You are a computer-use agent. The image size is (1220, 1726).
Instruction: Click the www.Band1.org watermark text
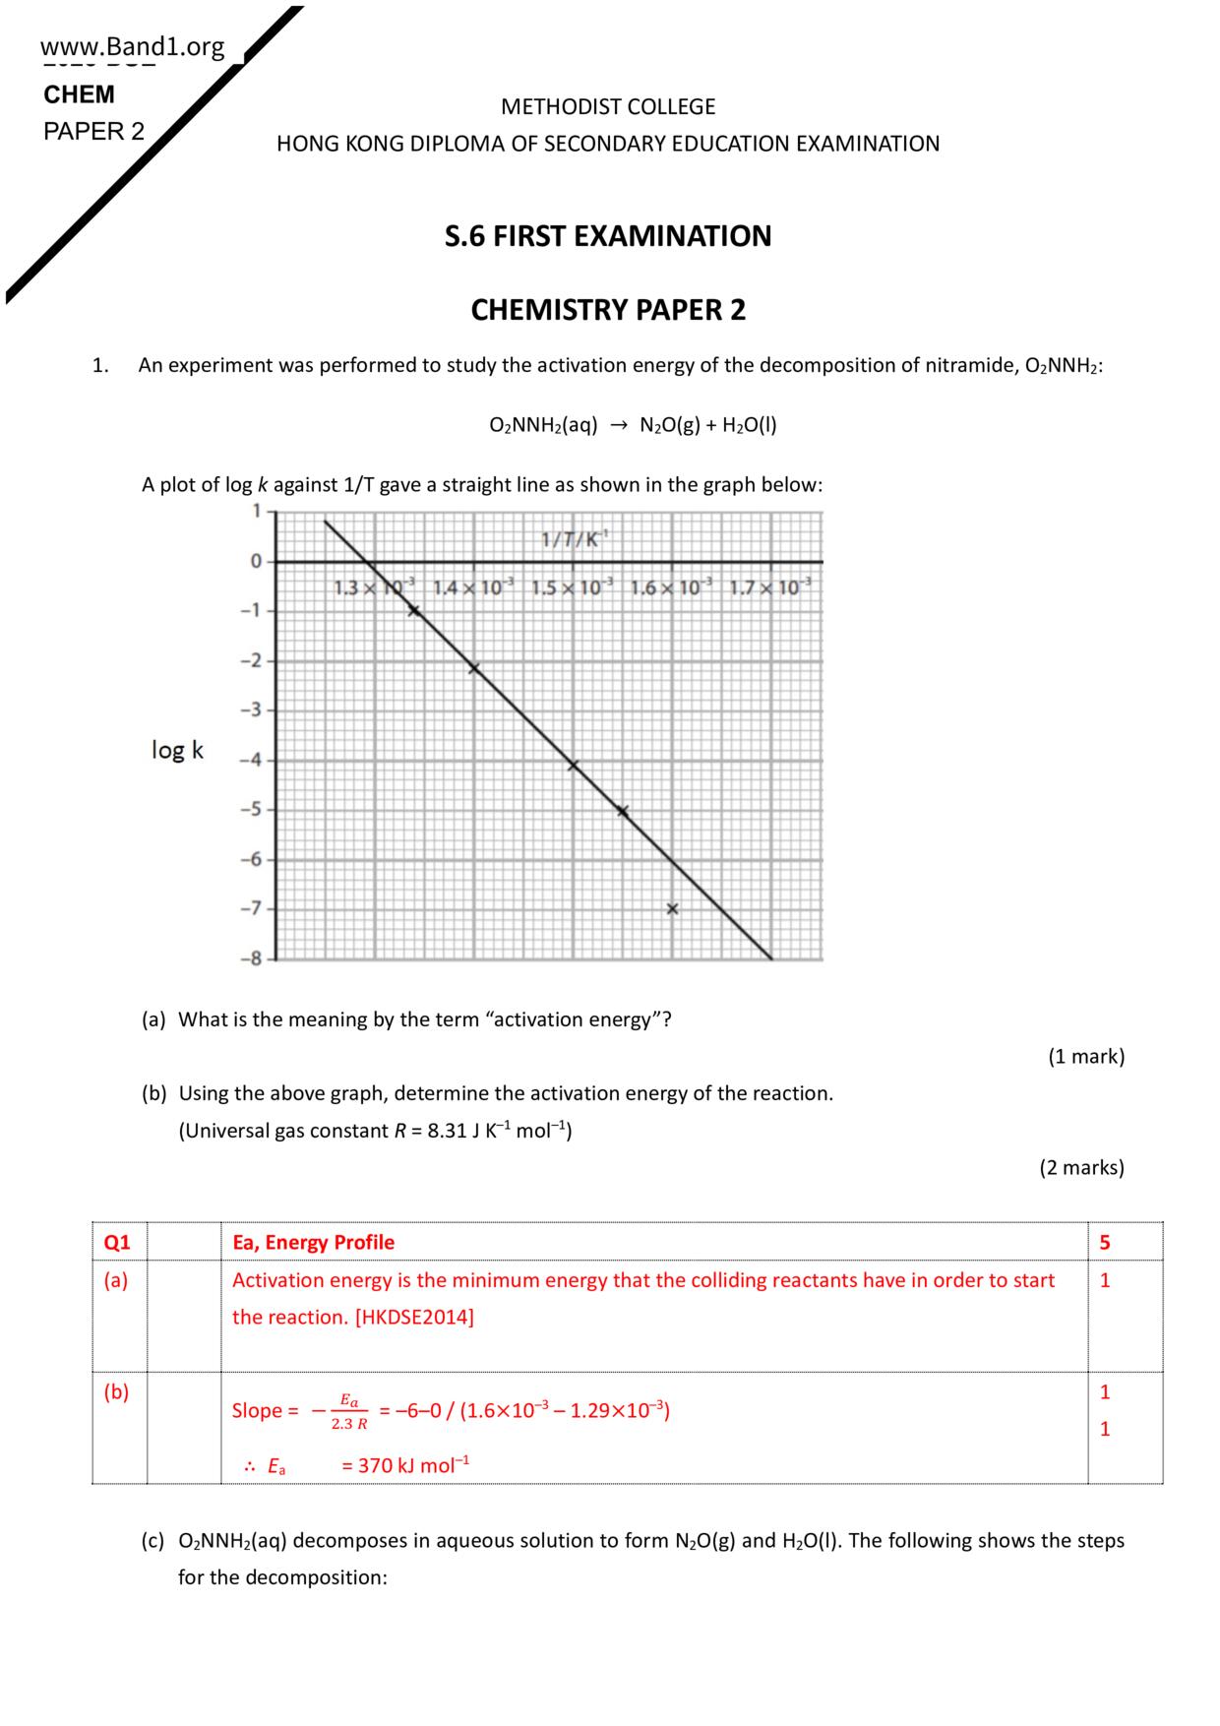(x=132, y=46)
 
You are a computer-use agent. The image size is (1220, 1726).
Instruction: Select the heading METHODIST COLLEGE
(x=608, y=106)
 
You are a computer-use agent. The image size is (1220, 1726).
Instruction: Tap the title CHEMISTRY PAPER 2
(x=608, y=310)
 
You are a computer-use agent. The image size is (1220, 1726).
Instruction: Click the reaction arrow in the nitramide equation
(x=618, y=425)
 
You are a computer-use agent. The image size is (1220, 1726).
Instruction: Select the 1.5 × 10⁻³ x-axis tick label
(x=572, y=588)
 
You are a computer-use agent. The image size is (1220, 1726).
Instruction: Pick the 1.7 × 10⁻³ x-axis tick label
(x=771, y=588)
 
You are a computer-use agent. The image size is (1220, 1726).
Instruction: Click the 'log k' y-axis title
(x=177, y=750)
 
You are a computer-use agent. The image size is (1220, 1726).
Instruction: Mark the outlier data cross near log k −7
(x=672, y=909)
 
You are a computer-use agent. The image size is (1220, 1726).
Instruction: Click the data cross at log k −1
(x=414, y=611)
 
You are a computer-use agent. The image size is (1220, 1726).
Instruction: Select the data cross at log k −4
(x=573, y=765)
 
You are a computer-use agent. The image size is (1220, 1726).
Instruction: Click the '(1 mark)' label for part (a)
(x=1085, y=1057)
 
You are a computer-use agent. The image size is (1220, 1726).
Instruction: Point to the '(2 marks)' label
(x=1081, y=1168)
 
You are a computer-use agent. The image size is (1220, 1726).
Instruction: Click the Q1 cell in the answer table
(x=117, y=1242)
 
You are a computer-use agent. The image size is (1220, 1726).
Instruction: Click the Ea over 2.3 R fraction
(x=348, y=1411)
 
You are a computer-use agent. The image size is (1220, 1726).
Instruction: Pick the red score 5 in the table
(x=1104, y=1242)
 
